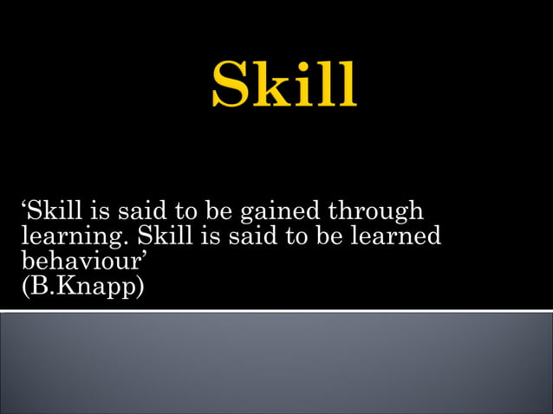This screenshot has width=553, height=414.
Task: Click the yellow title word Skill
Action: tap(283, 84)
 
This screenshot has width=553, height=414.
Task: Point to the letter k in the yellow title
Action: tap(273, 84)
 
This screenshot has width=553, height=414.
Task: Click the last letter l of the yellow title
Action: tap(346, 84)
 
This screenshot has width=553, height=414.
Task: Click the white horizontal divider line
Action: tap(276, 311)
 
